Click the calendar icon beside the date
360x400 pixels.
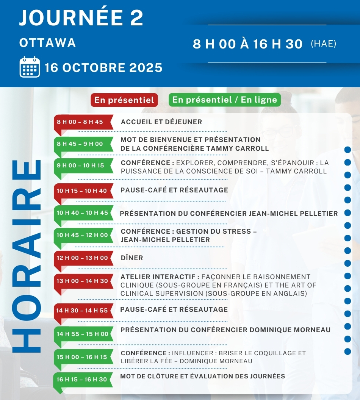(x=30, y=67)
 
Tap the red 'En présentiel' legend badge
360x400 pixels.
(x=124, y=100)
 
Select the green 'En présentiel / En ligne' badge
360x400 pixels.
(x=225, y=100)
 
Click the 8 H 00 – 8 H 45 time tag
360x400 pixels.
(x=80, y=122)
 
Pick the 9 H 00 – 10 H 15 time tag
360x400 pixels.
(x=80, y=166)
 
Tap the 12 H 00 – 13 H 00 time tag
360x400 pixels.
(x=82, y=258)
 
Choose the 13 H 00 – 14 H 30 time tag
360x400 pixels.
(x=82, y=281)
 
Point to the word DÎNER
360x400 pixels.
(x=132, y=258)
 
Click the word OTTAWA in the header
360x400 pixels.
(x=48, y=43)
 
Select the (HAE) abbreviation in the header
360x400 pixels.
(x=324, y=44)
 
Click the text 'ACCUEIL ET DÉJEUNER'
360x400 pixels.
(x=161, y=122)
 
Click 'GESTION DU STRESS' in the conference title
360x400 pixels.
(x=219, y=231)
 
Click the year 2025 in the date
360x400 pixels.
(x=146, y=68)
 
